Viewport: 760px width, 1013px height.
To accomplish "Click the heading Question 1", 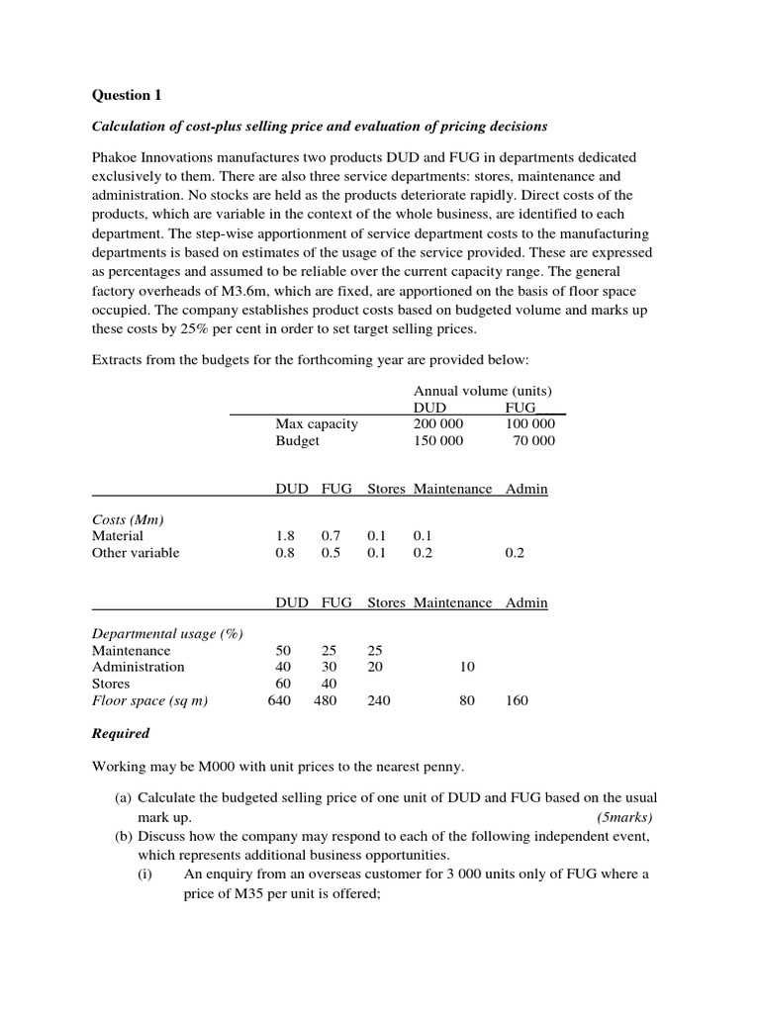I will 126,95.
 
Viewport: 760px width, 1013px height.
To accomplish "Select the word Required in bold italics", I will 121,733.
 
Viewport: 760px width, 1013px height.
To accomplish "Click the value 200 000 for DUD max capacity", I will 437,424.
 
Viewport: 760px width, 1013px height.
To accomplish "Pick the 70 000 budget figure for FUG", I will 533,441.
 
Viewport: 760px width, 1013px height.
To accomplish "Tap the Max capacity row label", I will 317,424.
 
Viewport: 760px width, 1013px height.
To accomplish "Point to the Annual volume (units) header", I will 482,391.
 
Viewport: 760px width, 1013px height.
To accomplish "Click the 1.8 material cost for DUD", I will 285,536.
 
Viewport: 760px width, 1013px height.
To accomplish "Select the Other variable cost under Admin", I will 515,553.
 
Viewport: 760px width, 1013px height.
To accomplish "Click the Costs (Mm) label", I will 128,519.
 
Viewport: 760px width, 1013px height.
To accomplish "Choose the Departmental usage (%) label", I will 167,633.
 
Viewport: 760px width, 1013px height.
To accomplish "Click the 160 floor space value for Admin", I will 516,700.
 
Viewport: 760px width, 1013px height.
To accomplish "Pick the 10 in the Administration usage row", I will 467,667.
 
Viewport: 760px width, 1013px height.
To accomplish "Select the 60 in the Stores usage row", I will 285,684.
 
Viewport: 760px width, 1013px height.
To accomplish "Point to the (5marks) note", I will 624,818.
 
